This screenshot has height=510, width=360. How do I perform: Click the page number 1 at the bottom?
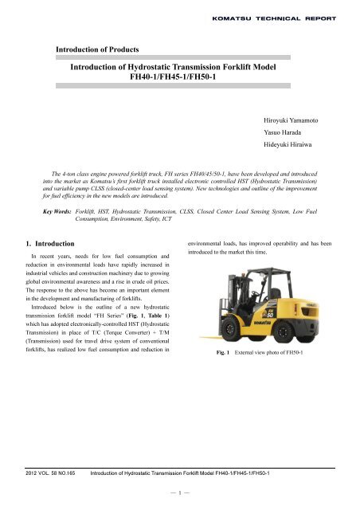pyautogui.click(x=179, y=492)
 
